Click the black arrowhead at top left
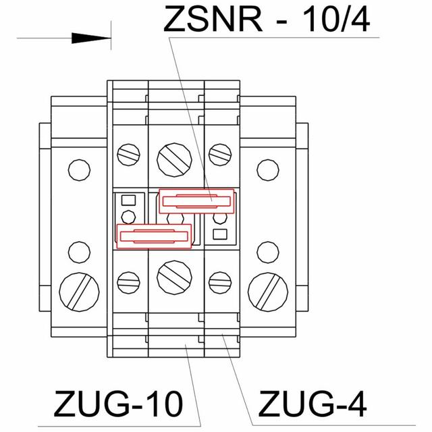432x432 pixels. click(x=88, y=38)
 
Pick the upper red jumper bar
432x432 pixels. click(x=196, y=200)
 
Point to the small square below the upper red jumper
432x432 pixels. click(x=219, y=234)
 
